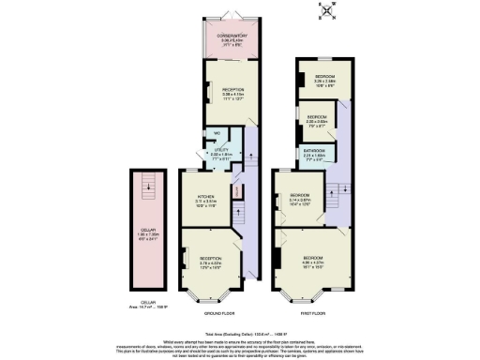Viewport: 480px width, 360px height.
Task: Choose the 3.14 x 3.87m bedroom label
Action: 301,199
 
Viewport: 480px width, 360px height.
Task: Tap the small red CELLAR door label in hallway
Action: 236,192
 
